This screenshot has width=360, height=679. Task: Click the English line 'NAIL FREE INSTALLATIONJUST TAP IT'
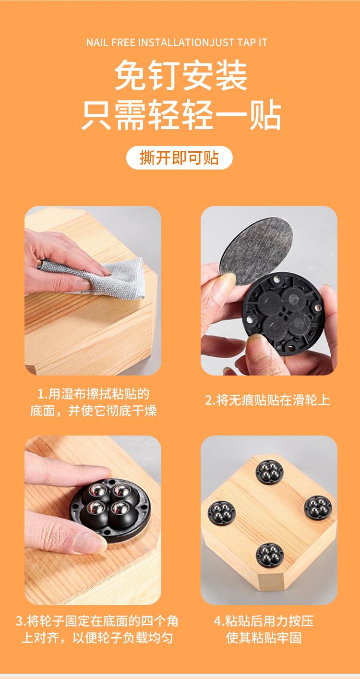tap(177, 42)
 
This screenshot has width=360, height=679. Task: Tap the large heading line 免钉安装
tap(181, 75)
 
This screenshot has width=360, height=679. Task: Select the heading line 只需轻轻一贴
tap(181, 115)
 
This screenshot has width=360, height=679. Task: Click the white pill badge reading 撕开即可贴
tap(180, 158)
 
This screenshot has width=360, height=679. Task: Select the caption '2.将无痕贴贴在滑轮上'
tap(267, 400)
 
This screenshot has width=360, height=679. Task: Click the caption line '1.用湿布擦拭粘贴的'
tap(93, 394)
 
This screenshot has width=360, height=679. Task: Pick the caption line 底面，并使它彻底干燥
tap(93, 411)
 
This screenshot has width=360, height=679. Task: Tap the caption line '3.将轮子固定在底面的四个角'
tap(97, 621)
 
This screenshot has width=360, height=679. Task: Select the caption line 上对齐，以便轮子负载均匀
tap(97, 638)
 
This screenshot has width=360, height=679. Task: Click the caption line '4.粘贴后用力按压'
tap(264, 621)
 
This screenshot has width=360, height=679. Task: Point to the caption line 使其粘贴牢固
tap(264, 638)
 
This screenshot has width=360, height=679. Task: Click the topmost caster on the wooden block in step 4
tap(269, 470)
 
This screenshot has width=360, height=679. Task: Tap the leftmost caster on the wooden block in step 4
tap(221, 512)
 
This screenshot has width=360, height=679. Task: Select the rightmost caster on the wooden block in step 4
tap(318, 508)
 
